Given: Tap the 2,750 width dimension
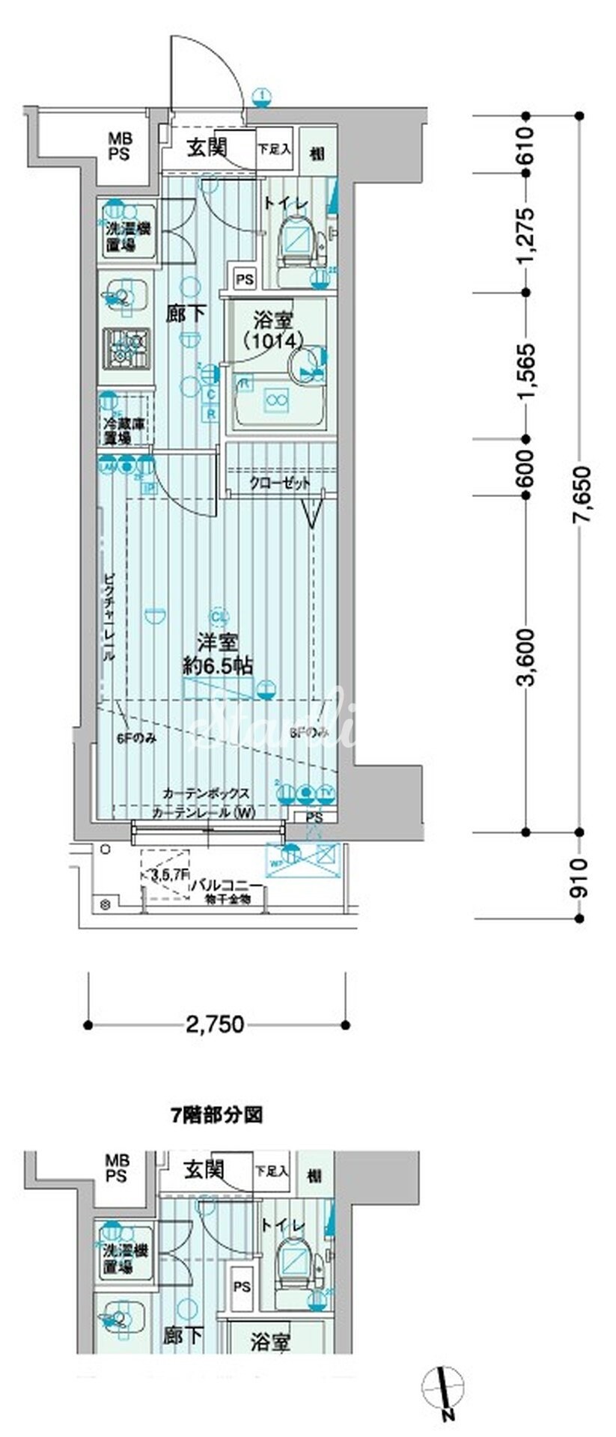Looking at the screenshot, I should click(x=217, y=1023).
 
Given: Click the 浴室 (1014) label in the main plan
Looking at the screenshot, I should click(x=273, y=330).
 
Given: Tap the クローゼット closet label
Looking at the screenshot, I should click(x=281, y=483).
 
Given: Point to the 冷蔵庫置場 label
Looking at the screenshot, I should click(x=126, y=430).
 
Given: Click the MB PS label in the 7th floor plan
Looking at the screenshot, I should click(x=118, y=1168).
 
